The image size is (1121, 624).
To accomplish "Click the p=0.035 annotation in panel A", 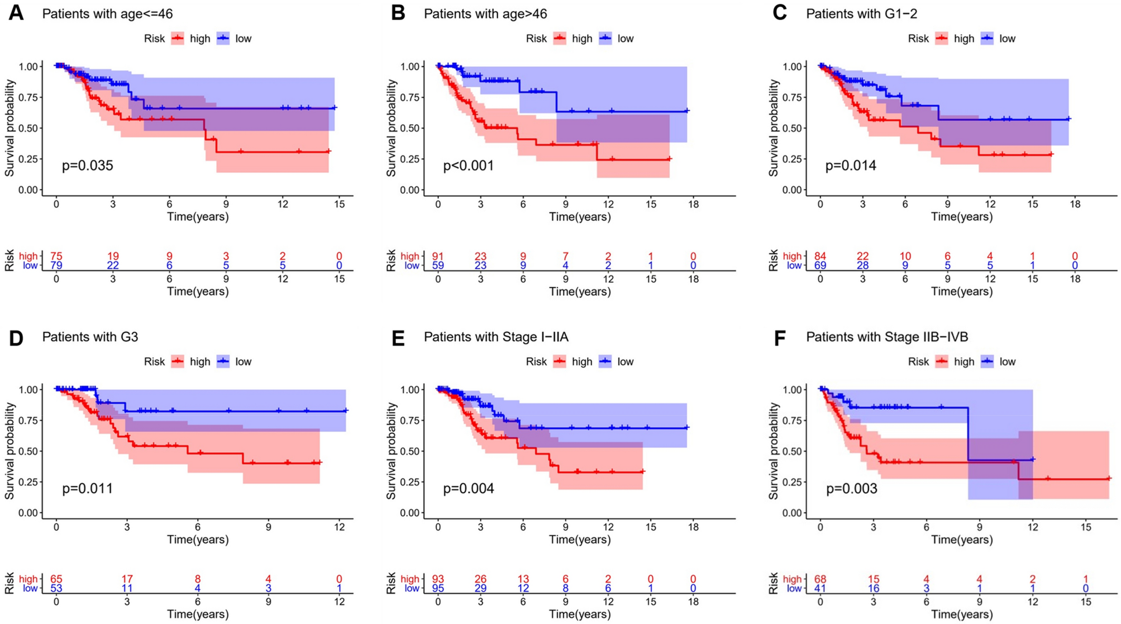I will pyautogui.click(x=87, y=166).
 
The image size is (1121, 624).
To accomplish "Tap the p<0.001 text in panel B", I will pyautogui.click(x=468, y=166).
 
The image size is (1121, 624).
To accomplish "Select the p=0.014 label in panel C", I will pyautogui.click(x=851, y=166).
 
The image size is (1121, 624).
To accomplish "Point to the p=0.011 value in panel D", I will pyautogui.click(x=87, y=489).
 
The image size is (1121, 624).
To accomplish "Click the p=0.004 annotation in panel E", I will pyautogui.click(x=468, y=489).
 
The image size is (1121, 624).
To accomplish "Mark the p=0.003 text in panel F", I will pyautogui.click(x=851, y=489).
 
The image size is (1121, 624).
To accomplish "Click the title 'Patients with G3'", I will pyautogui.click(x=90, y=337).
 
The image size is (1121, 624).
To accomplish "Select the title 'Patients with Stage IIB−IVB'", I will pyautogui.click(x=887, y=337).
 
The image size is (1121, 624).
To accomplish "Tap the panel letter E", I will pyautogui.click(x=398, y=338).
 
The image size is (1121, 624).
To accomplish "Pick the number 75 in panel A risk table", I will pyautogui.click(x=56, y=257).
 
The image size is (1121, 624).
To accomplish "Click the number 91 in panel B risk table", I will pyautogui.click(x=438, y=257).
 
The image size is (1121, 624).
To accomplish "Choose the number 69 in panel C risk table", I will pyautogui.click(x=820, y=266).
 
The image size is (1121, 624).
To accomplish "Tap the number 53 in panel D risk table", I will pyautogui.click(x=56, y=588).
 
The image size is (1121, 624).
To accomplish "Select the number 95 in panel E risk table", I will pyautogui.click(x=438, y=588).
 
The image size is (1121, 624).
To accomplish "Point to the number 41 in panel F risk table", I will pyautogui.click(x=820, y=588).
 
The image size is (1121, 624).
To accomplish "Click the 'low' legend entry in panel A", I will pyautogui.click(x=243, y=39).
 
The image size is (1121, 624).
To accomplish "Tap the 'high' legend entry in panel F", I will pyautogui.click(x=963, y=362).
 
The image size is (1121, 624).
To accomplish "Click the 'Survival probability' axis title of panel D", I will pyautogui.click(x=9, y=451).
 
